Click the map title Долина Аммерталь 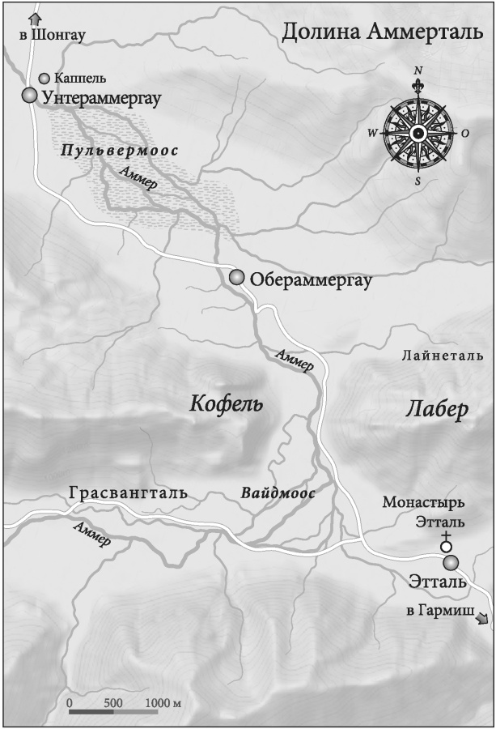(383, 32)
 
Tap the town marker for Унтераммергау (30, 96)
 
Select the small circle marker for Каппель (44, 79)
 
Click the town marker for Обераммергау (236, 278)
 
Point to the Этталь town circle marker (451, 562)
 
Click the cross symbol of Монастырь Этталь (444, 536)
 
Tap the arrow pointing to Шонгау (34, 18)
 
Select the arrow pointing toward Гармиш (482, 619)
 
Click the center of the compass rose (418, 134)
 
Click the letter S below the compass (418, 181)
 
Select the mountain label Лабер (436, 411)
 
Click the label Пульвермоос (120, 151)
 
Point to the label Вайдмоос (278, 492)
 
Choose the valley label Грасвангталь (129, 492)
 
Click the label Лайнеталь (442, 355)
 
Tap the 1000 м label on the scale (162, 701)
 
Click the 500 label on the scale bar (113, 701)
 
